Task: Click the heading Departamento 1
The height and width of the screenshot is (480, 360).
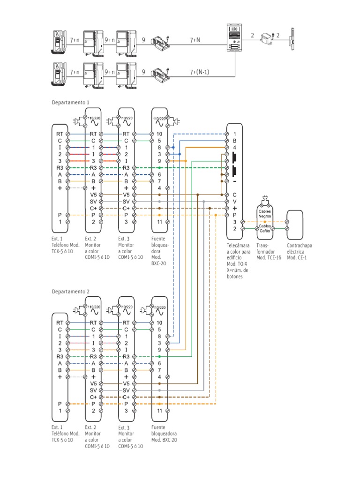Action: (70, 102)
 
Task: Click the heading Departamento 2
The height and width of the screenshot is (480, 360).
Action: (70, 292)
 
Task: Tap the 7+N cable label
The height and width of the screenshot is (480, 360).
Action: (195, 41)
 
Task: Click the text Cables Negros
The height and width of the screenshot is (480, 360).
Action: (265, 214)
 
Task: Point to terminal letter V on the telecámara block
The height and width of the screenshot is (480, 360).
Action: (234, 201)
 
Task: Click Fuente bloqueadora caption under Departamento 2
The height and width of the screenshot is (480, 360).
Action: (164, 434)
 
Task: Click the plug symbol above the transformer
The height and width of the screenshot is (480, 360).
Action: (265, 198)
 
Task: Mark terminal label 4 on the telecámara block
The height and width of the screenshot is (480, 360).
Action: (234, 148)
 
